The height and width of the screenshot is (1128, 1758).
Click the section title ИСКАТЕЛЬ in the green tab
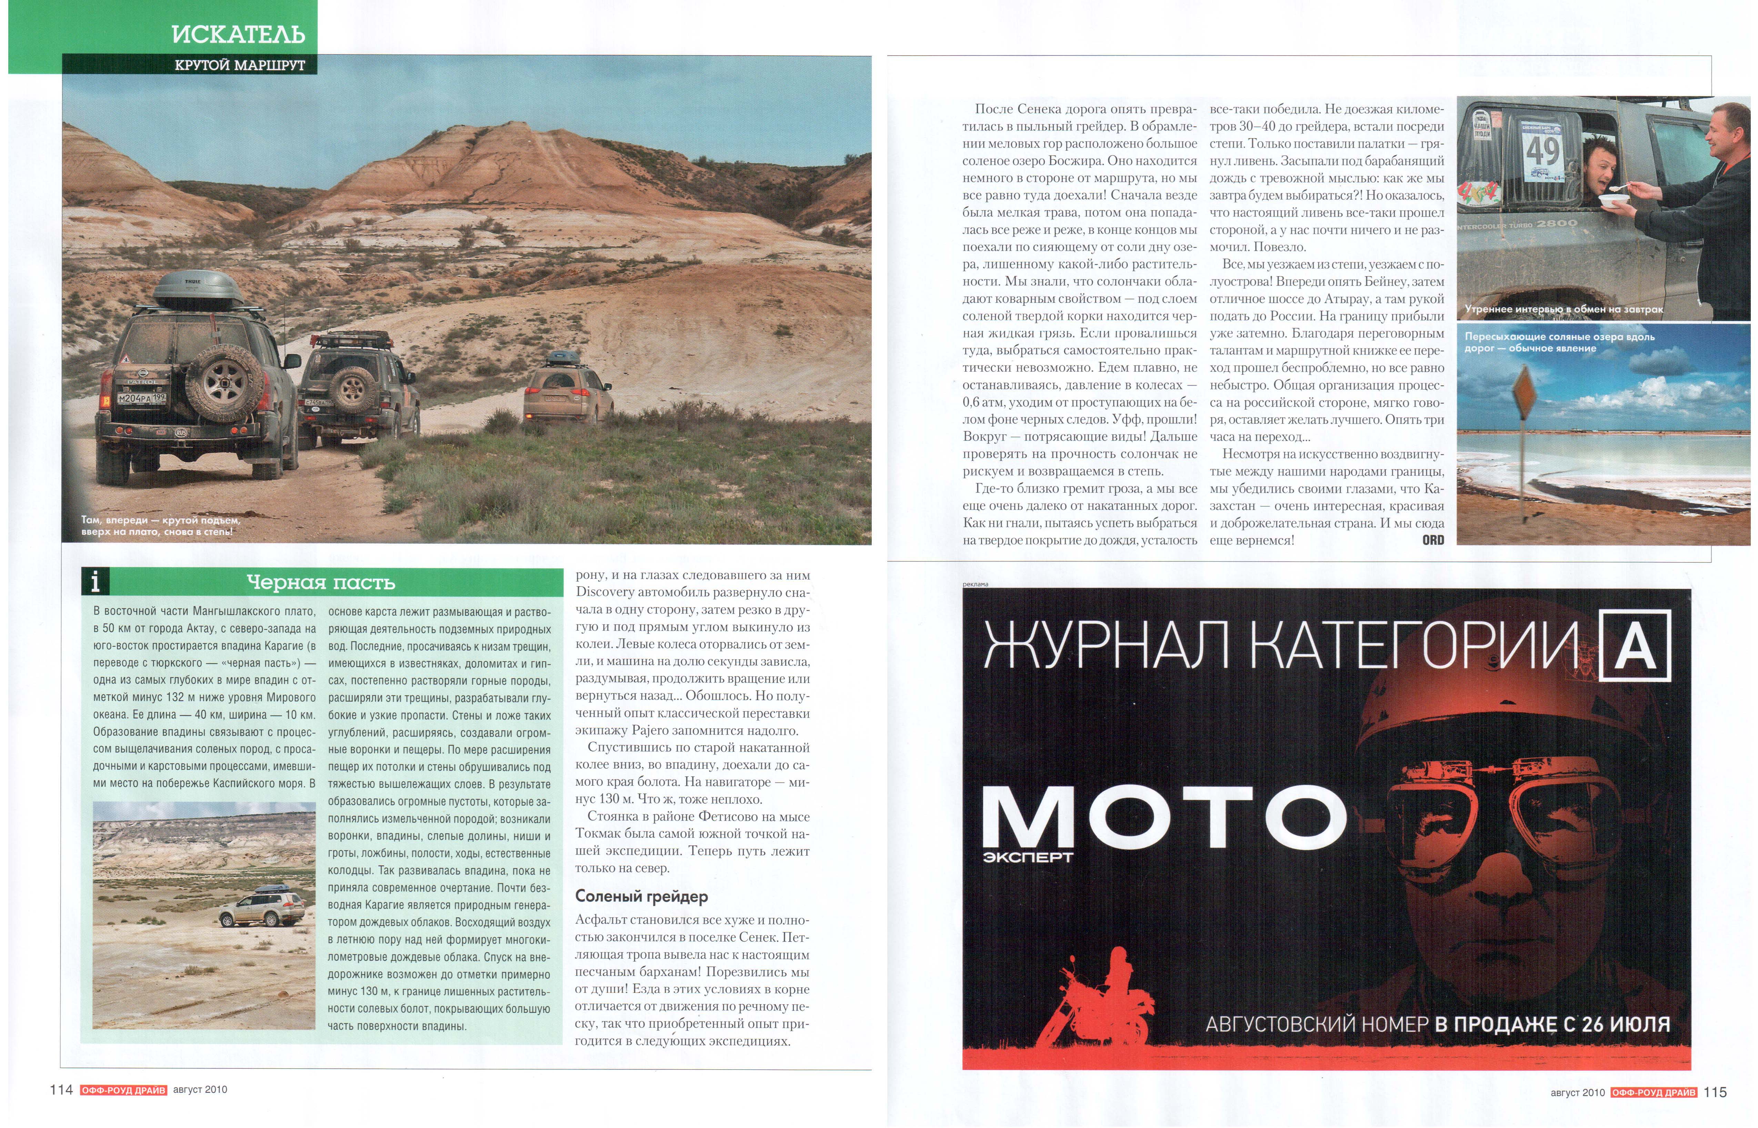tap(238, 34)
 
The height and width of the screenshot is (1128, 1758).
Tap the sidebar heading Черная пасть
tap(321, 583)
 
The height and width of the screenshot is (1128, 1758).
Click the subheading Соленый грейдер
tap(641, 897)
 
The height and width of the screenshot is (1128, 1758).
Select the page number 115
tap(1716, 1092)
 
